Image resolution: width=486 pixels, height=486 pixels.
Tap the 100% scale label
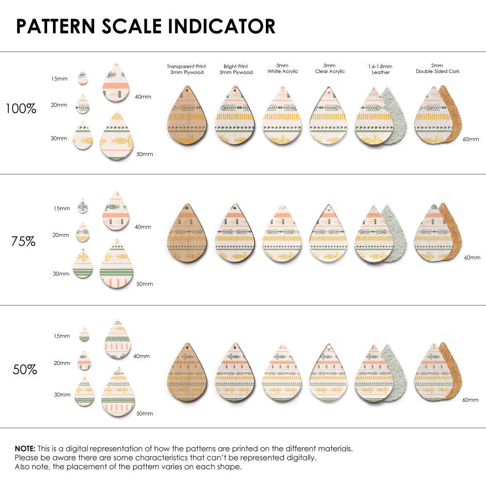coord(21,109)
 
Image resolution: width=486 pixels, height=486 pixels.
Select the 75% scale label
coord(23,241)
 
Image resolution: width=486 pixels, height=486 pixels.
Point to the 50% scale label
coord(25,369)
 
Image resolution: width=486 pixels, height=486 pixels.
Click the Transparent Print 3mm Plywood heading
coord(186,69)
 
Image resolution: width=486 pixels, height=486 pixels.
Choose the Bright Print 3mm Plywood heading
coord(236,69)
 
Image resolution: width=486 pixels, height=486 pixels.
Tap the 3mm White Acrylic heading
coord(282,69)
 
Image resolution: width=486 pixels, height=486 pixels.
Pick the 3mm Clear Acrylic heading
coord(330,69)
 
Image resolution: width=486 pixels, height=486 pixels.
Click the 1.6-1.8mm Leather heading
coord(381,69)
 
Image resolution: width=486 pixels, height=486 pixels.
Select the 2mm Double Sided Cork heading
coord(437,69)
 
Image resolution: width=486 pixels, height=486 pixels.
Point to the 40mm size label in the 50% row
coord(142,356)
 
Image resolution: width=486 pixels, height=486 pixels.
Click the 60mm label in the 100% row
coord(470,139)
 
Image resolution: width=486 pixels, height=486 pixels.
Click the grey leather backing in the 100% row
coord(397,114)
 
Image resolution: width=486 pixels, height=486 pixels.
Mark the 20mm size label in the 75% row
coord(61,235)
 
